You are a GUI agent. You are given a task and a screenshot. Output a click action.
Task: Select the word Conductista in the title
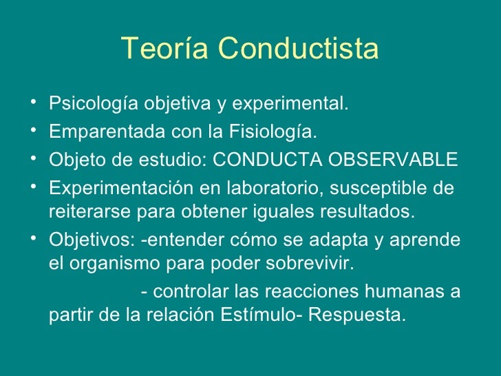[x=298, y=50]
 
